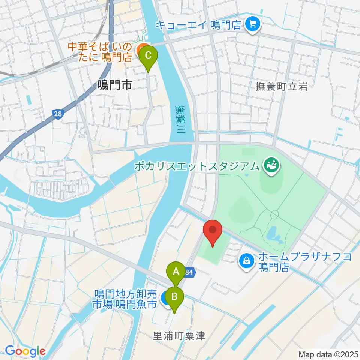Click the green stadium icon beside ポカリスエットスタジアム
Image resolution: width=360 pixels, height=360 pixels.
pos(270,165)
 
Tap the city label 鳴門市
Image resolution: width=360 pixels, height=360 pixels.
pos(114,86)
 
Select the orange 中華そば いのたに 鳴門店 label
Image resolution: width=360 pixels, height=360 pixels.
pos(100,52)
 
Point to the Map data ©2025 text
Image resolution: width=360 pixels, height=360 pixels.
pos(328,354)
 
